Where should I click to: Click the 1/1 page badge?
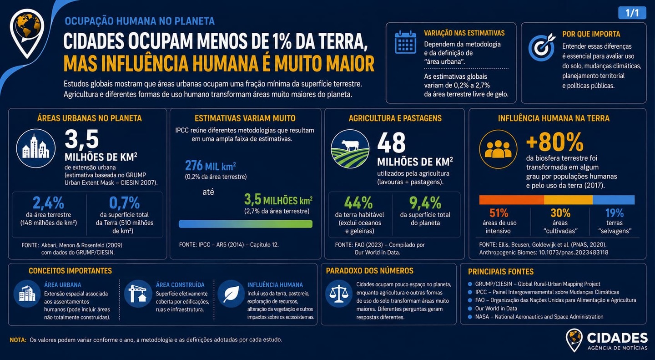[x=632, y=13]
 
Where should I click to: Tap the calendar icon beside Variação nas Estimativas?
[x=405, y=42]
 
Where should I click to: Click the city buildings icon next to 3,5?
[x=35, y=148]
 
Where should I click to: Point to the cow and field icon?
[x=350, y=149]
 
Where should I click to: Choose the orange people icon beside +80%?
[x=498, y=149]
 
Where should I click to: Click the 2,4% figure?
[x=49, y=203]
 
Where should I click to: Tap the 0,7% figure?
[x=124, y=203]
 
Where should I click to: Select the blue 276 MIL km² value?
[x=211, y=166]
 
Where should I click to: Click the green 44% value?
[x=358, y=203]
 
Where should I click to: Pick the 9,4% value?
[x=425, y=203]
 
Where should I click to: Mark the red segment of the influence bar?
[x=511, y=200]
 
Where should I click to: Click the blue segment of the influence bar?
[x=614, y=200]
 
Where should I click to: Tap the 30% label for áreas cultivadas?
[x=560, y=213]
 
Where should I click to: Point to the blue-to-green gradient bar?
[x=246, y=224]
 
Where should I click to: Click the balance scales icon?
[x=339, y=294]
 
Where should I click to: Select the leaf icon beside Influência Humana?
[x=231, y=294]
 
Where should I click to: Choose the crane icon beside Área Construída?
[x=138, y=294]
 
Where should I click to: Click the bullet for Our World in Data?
[x=470, y=309]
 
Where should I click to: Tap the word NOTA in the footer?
[x=18, y=340]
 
